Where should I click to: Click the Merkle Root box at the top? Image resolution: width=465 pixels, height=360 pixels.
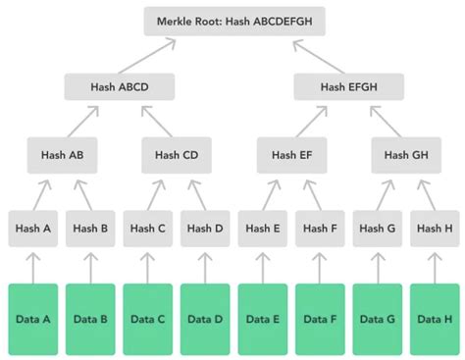point(232,21)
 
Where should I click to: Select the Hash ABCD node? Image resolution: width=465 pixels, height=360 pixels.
point(120,87)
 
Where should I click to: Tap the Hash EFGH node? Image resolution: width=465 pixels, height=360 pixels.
point(346,87)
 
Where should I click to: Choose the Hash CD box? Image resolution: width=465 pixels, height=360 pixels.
point(177,155)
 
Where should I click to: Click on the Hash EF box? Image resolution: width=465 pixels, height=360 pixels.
point(291,155)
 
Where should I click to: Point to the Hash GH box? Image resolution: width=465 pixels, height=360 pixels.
point(406,155)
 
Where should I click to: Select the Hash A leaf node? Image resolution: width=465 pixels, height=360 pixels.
point(33,229)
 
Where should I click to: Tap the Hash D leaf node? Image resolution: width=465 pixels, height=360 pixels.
point(205,229)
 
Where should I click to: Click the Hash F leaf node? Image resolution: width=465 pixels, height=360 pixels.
point(320,229)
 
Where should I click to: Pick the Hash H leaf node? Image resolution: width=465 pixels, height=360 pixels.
point(435,229)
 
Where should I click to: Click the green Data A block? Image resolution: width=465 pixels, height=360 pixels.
point(33,319)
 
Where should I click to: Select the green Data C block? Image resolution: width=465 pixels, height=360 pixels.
point(148,319)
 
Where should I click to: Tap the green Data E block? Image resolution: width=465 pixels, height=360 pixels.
point(263,319)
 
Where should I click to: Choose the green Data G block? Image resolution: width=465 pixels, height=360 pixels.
point(378,319)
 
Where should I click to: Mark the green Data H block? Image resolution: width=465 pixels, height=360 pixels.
point(435,319)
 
